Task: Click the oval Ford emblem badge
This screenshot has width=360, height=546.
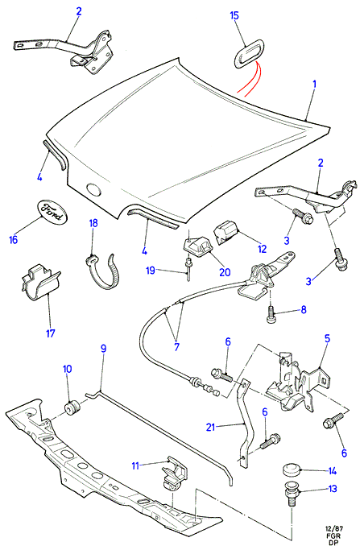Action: click(52, 211)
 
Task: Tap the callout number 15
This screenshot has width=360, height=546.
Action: click(234, 15)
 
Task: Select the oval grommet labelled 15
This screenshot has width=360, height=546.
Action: click(248, 52)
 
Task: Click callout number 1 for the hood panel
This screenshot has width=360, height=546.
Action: click(314, 84)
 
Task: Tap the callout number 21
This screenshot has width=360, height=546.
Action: click(211, 427)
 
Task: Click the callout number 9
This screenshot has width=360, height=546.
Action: click(103, 348)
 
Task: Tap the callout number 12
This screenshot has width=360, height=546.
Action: click(263, 249)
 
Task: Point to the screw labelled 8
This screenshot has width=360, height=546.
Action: click(272, 314)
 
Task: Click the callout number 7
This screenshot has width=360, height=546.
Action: click(176, 347)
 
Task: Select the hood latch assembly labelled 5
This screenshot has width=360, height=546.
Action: click(298, 383)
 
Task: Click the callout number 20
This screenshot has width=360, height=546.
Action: click(225, 272)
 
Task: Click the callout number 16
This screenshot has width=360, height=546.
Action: click(13, 239)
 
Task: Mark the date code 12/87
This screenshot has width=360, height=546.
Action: click(333, 528)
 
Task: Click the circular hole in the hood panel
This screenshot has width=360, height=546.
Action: click(93, 188)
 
